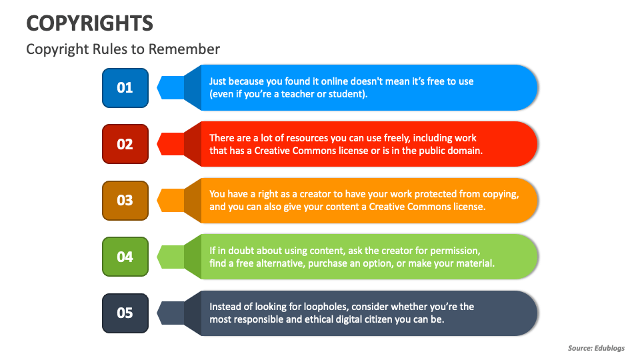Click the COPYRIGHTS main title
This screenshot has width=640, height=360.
click(89, 23)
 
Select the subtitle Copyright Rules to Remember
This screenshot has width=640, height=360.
click(123, 49)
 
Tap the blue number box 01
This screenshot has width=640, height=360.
click(125, 87)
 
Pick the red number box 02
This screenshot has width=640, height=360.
click(125, 144)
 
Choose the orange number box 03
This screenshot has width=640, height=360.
click(125, 200)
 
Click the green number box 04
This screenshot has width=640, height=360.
click(125, 257)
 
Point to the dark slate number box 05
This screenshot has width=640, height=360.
click(125, 313)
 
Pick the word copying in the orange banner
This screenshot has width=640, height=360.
click(499, 194)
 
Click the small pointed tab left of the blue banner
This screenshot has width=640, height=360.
click(170, 87)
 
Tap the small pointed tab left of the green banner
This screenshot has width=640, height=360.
click(170, 257)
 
